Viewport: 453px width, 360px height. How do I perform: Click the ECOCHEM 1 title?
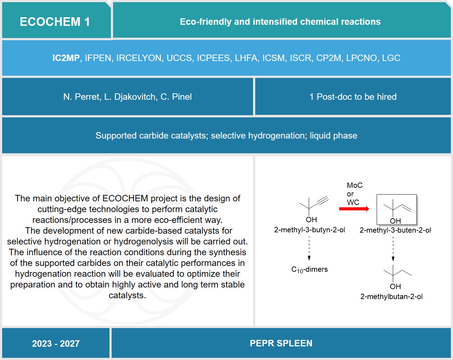[x=55, y=22]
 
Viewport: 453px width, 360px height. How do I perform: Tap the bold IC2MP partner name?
[x=66, y=58]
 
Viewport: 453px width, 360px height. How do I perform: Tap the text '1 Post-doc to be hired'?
[x=353, y=97]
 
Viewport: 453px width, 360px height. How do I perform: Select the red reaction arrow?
[x=354, y=209]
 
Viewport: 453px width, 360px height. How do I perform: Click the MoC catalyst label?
[x=355, y=185]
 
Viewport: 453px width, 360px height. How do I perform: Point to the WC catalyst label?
[x=353, y=202]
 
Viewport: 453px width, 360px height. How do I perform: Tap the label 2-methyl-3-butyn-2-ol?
[x=309, y=230]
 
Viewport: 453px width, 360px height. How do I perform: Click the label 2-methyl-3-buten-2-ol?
[x=395, y=230]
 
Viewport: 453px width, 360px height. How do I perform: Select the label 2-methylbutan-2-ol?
[x=391, y=296]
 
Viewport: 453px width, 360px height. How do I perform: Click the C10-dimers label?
[x=309, y=270]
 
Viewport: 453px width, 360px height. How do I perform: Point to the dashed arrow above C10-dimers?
[x=309, y=248]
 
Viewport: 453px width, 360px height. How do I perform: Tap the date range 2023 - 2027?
[x=56, y=344]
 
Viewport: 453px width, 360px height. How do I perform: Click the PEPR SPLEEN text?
[x=281, y=343]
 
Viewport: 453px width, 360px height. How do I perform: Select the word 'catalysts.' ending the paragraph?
[x=127, y=295]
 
